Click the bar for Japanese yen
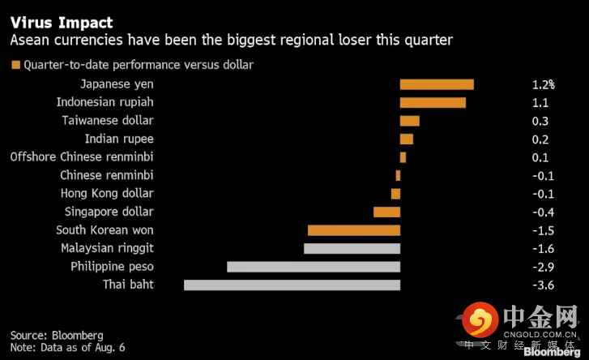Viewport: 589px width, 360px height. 437,84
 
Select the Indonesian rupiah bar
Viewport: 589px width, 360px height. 433,102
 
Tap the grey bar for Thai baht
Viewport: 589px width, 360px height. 292,285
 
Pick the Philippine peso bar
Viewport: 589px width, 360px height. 314,267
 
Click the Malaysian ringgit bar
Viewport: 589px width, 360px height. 352,248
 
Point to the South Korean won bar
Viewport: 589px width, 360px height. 354,230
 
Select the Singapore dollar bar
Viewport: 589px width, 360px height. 386,212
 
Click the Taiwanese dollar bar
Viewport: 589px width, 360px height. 409,121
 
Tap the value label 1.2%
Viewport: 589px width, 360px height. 543,84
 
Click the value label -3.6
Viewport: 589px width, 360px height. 543,285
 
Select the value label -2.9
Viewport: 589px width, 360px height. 543,267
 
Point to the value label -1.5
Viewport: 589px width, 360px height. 543,230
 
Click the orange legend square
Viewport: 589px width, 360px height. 15,65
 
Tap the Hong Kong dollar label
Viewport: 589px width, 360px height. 107,194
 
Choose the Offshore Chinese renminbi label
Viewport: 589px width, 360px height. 82,157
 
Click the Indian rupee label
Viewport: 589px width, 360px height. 119,139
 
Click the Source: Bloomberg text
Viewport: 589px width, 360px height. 57,335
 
